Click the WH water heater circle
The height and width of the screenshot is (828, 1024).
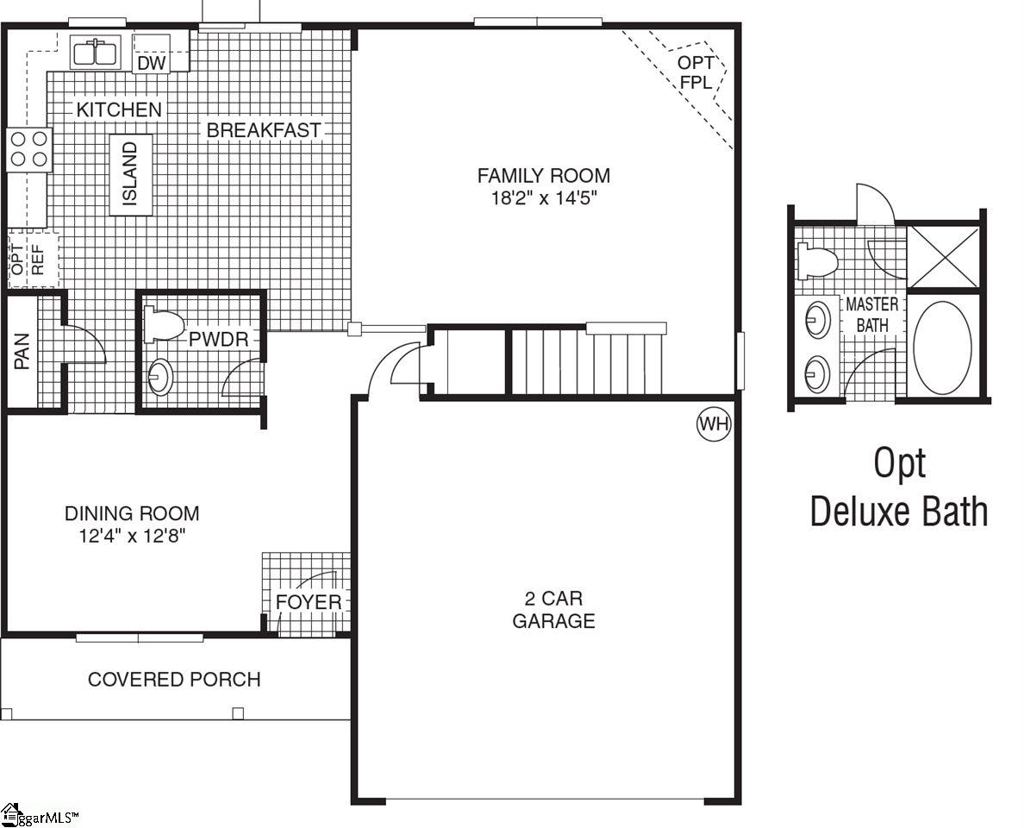pos(714,424)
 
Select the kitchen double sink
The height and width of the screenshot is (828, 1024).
pos(96,53)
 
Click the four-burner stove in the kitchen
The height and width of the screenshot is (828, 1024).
pos(28,149)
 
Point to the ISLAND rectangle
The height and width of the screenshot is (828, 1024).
pos(131,175)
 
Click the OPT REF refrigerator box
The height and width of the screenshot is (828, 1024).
pos(32,259)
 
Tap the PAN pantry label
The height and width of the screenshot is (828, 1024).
pos(22,352)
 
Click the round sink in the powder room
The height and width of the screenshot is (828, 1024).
pos(160,377)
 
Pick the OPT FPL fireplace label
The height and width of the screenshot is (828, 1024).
pos(695,72)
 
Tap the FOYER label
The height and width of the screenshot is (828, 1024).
pos(309,601)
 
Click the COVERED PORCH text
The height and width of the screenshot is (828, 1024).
pos(174,680)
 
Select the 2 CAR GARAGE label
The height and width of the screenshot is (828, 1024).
pos(553,609)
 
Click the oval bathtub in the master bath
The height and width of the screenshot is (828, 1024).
pos(942,348)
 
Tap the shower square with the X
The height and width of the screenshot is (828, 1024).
pos(945,257)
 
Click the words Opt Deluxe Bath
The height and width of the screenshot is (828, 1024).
pos(899,487)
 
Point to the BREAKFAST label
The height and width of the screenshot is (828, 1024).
pos(264,130)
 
